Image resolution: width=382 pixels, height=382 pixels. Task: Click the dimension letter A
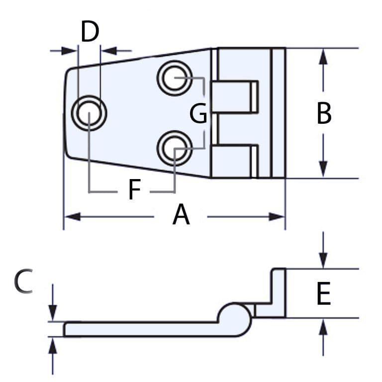(x=181, y=216)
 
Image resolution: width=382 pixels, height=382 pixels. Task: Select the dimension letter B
(x=324, y=114)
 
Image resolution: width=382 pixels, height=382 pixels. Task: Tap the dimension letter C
(x=23, y=282)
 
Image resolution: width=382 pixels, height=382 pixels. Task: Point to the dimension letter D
(x=90, y=32)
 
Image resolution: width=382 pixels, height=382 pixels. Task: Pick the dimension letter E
(x=323, y=293)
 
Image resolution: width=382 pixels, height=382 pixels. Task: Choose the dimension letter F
(x=134, y=190)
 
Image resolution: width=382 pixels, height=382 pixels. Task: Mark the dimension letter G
(x=198, y=114)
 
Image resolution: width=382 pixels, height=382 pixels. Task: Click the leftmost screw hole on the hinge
(x=89, y=113)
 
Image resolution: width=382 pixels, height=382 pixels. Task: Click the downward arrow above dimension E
(x=323, y=259)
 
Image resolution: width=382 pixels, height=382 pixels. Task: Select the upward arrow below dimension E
(x=323, y=327)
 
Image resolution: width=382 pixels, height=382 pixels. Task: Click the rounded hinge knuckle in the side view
(x=235, y=318)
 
